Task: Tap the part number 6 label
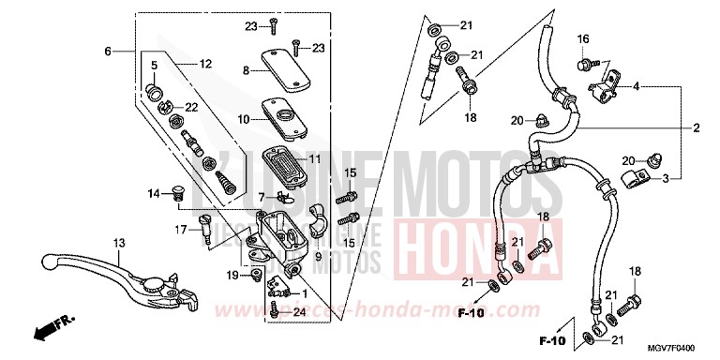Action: tap(108, 50)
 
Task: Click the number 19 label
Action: tap(232, 275)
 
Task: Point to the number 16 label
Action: tap(582, 38)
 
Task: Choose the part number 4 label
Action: tap(636, 86)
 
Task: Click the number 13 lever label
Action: tap(119, 243)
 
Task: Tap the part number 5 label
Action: tap(154, 64)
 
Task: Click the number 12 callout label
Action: tap(205, 64)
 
